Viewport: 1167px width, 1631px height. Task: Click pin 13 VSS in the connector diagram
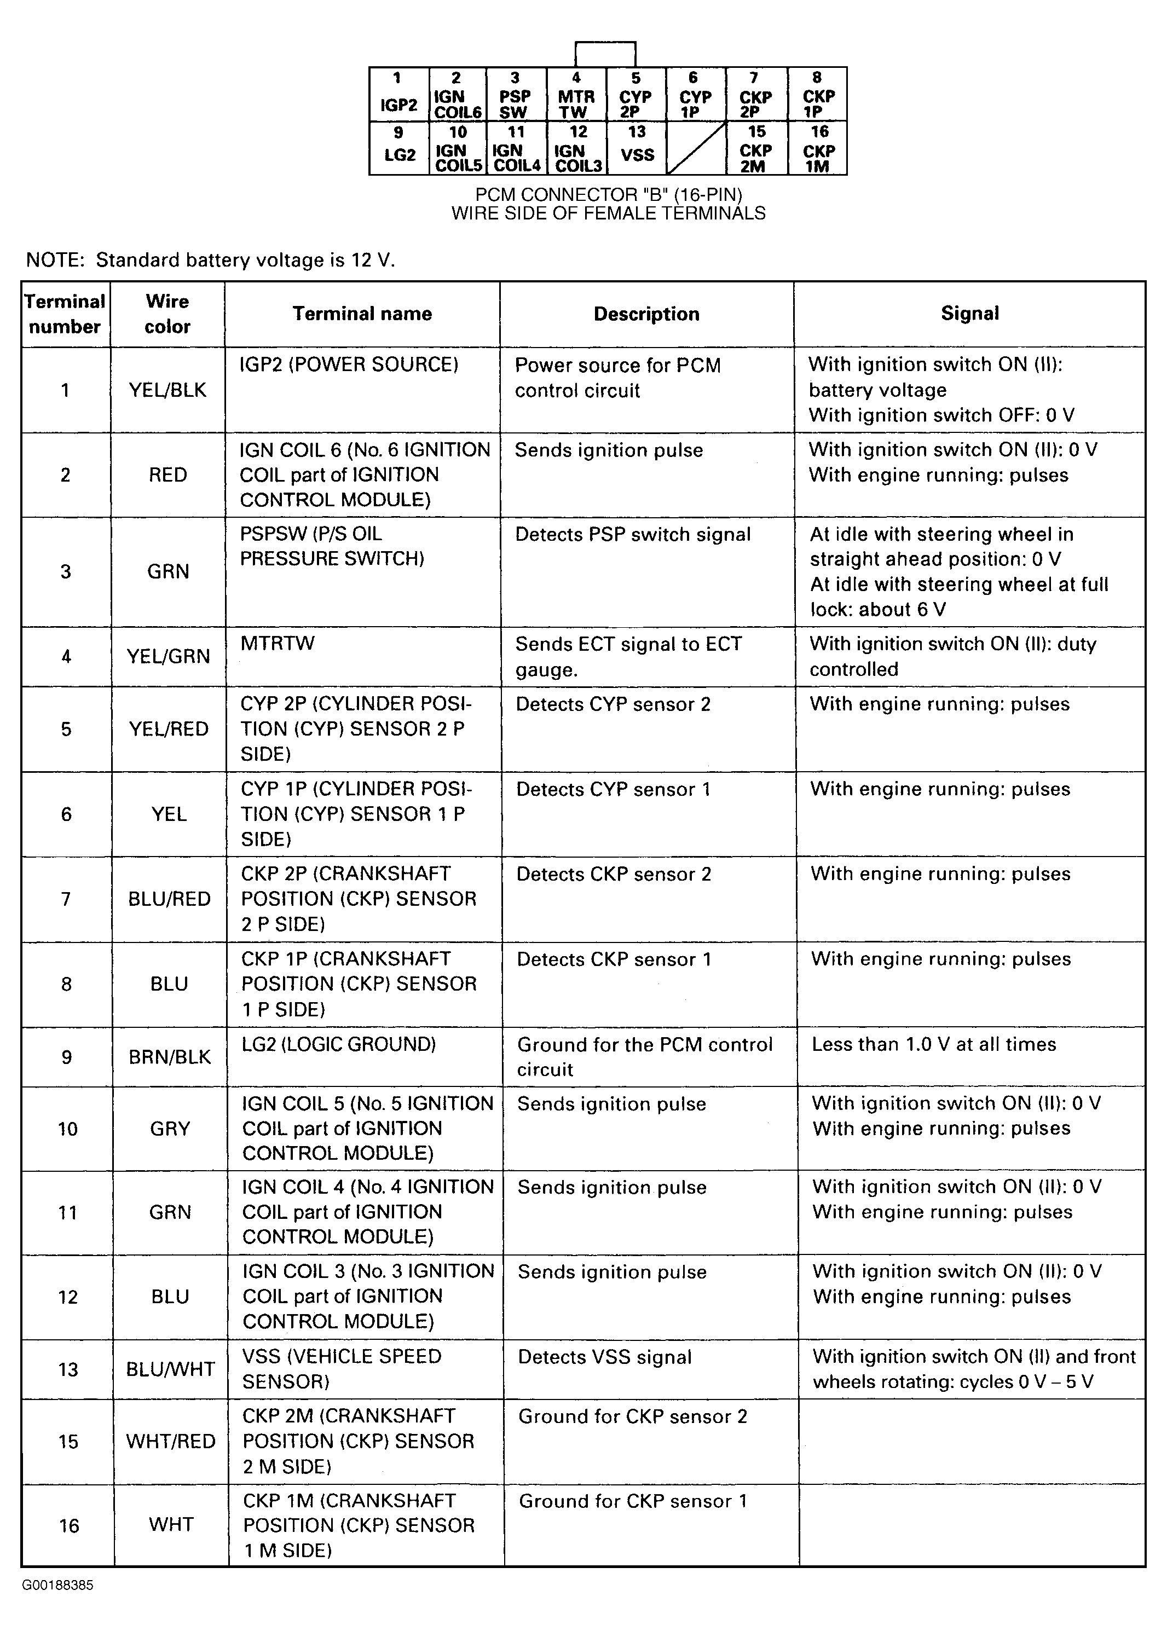tap(637, 147)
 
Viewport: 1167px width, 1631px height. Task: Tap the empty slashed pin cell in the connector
tap(696, 147)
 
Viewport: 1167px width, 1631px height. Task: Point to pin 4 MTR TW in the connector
tap(576, 94)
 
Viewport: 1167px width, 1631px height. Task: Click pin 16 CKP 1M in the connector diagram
tap(818, 147)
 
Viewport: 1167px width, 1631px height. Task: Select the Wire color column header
tap(167, 314)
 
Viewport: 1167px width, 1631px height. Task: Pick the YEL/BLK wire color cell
tap(167, 390)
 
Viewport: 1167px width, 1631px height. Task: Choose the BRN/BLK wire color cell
tap(170, 1057)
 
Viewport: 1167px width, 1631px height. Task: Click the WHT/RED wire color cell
tap(170, 1441)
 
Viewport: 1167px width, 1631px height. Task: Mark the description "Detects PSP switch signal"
tap(632, 535)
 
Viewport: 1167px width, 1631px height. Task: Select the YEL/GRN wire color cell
tap(168, 656)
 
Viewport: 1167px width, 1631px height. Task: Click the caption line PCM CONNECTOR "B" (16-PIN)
tap(608, 195)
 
